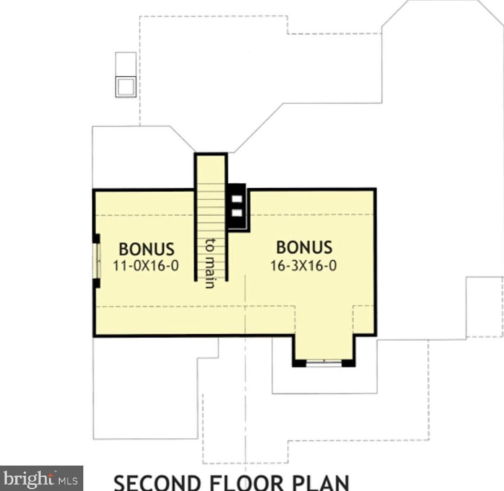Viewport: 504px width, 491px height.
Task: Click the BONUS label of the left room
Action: [x=147, y=249]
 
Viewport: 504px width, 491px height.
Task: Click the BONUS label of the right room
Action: [x=304, y=247]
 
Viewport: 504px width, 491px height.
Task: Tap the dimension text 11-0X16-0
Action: [x=146, y=265]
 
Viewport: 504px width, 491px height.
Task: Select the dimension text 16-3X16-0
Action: [x=304, y=265]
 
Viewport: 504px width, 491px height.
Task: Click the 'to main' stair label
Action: [x=210, y=264]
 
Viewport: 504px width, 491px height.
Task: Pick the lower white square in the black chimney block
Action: [x=237, y=213]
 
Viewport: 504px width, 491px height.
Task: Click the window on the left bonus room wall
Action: [x=97, y=261]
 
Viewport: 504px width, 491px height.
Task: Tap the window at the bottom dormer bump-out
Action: [x=324, y=363]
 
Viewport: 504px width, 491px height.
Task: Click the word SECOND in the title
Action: [x=157, y=483]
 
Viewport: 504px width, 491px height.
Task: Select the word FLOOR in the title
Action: [x=247, y=483]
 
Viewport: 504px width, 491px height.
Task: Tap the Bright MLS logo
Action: [x=42, y=479]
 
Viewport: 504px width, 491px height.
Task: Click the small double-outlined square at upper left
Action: [x=126, y=87]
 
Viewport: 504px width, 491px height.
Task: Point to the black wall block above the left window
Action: [x=96, y=239]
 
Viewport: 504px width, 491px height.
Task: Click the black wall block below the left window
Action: [x=96, y=283]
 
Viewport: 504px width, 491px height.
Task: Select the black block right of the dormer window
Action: [x=348, y=363]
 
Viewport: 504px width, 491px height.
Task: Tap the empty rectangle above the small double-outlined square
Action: [x=126, y=65]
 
